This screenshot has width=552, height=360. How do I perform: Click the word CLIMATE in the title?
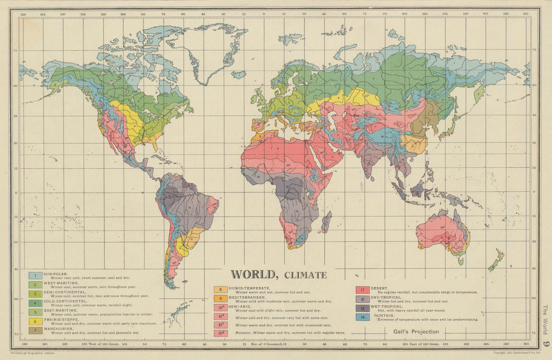[305, 275]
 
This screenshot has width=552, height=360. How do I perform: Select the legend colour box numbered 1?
[36, 276]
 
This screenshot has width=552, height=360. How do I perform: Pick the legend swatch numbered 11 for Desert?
[363, 290]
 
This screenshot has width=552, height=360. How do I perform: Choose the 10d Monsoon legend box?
[220, 333]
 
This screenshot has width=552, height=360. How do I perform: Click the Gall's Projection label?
[416, 332]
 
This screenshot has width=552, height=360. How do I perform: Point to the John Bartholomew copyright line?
[516, 353]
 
